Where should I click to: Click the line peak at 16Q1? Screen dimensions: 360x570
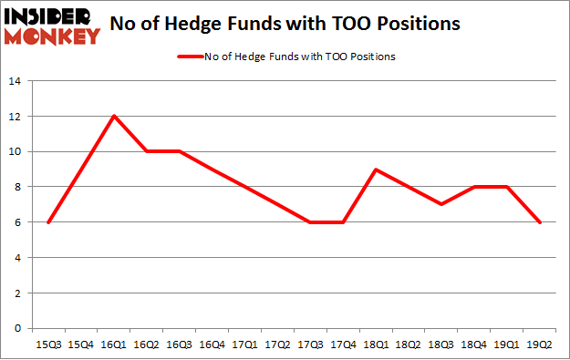click(113, 116)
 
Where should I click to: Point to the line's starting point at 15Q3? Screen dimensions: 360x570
click(47, 222)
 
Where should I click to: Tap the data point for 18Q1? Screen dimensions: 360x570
click(377, 170)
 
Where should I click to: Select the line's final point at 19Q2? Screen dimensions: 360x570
click(541, 222)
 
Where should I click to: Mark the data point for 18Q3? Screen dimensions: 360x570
click(442, 204)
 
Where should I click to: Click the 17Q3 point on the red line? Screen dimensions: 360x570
click(311, 222)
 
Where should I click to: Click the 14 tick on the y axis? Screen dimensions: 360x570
click(15, 81)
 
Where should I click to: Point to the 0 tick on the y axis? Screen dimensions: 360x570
click(17, 329)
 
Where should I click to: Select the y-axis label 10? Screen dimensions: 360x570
click(15, 151)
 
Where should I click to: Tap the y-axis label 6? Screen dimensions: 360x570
click(17, 222)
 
